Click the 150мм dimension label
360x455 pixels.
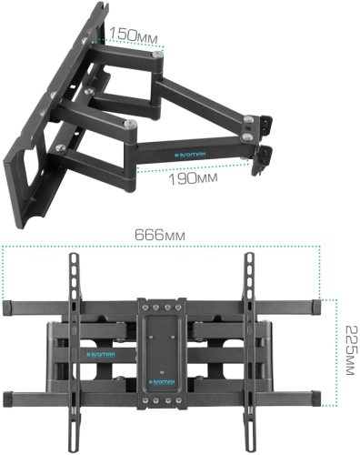pos(133,35)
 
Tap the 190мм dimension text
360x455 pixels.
pos(194,179)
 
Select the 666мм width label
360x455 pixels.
pos(162,234)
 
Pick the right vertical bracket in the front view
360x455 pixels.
pos(248,346)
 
